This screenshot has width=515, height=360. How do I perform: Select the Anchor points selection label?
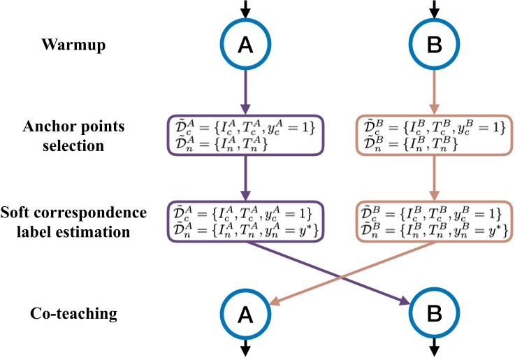[x=74, y=137]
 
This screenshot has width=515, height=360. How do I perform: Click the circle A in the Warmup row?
[x=245, y=45]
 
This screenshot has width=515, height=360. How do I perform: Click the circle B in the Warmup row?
[x=434, y=45]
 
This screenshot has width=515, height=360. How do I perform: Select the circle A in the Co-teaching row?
[x=245, y=315]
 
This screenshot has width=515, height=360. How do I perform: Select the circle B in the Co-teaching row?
[x=434, y=315]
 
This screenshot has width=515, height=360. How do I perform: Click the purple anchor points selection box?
[x=245, y=136]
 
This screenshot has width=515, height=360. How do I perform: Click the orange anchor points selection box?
[x=434, y=136]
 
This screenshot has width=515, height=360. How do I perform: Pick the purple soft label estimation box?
[x=245, y=222]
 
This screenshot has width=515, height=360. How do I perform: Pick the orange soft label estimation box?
[x=434, y=222]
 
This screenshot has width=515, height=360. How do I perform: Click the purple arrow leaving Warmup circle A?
[x=245, y=91]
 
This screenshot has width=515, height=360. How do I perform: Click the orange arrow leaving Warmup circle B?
[x=434, y=91]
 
